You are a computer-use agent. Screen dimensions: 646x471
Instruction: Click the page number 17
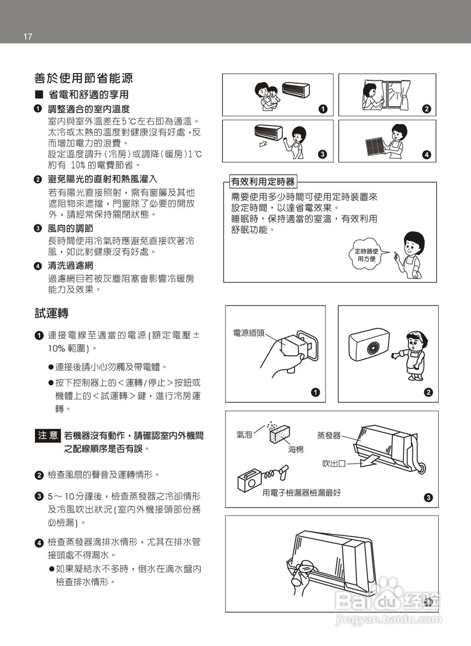[x=27, y=36]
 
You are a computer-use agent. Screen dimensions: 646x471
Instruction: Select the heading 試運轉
[x=51, y=313]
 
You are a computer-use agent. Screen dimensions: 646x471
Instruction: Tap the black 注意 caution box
[x=48, y=436]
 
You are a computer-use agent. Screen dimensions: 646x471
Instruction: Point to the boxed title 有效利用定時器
[x=262, y=181]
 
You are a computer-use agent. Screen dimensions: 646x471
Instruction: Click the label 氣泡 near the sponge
[x=244, y=435]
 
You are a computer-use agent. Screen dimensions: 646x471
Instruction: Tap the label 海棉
[x=296, y=449]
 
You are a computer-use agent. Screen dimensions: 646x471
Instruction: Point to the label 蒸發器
[x=329, y=435]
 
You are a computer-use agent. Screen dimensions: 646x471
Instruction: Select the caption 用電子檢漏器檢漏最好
[x=301, y=493]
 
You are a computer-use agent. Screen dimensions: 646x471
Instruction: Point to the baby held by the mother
[x=273, y=95]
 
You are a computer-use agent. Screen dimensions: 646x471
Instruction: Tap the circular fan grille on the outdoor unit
[x=374, y=349]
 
